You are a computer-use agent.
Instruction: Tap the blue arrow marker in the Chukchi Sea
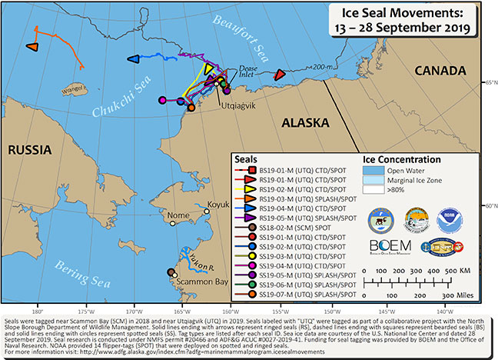click(x=133, y=58)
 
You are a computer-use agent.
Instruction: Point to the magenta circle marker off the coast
click(x=162, y=100)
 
